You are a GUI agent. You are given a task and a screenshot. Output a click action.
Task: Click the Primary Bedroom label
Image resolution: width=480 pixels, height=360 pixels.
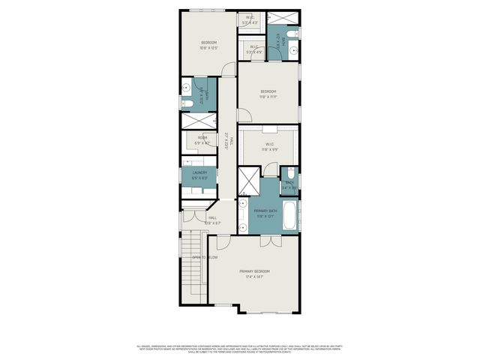pos(254,271)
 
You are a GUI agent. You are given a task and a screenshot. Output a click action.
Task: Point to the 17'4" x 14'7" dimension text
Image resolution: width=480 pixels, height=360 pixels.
pos(254,277)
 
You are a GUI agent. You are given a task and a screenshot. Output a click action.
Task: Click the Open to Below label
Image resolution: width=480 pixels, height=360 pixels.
pos(204,257)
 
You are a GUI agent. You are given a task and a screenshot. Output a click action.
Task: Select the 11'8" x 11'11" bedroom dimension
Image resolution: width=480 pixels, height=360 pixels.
pos(268,97)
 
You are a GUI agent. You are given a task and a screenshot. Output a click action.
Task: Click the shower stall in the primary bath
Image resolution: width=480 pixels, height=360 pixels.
pos(249,181)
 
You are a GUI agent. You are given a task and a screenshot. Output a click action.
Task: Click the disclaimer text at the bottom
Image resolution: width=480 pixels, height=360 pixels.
pos(239,348)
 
